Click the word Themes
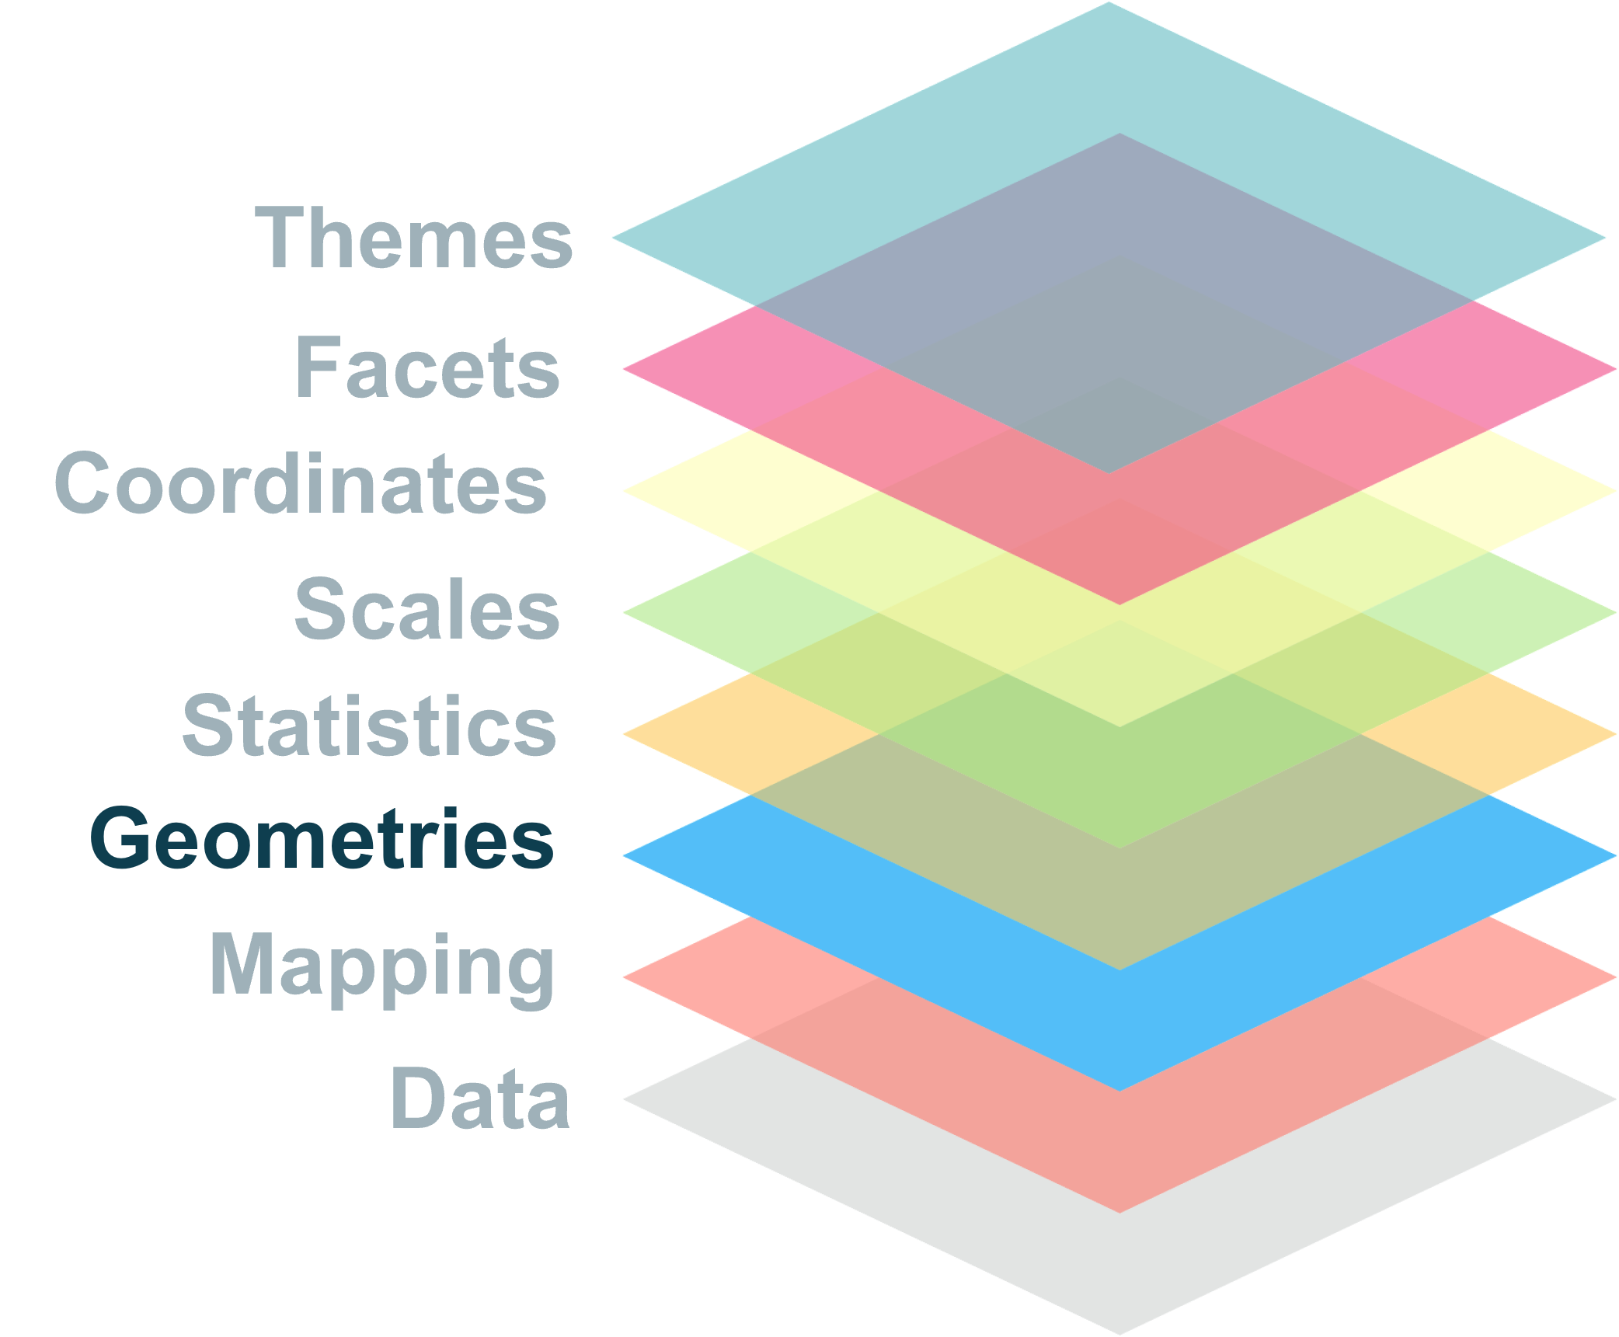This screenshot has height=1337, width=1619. (413, 238)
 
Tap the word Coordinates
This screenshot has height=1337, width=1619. (300, 484)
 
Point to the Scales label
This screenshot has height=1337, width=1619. (427, 610)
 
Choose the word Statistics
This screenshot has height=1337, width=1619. (369, 726)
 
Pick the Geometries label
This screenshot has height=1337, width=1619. (322, 840)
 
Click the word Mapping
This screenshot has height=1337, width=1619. (382, 966)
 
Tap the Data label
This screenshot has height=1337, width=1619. (480, 1098)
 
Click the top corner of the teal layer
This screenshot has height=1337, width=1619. (1109, 6)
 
